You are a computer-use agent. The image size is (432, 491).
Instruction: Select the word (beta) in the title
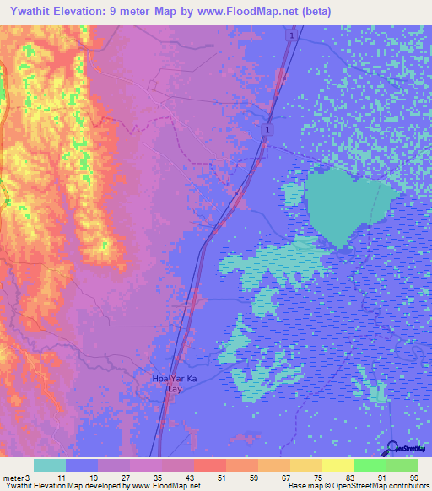311,12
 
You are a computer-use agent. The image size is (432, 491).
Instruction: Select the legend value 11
61,478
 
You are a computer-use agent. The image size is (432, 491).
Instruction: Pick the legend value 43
189,478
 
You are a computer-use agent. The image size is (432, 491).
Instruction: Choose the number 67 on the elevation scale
285,478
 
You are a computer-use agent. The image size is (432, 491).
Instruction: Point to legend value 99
413,478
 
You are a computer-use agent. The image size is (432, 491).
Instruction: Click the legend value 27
125,478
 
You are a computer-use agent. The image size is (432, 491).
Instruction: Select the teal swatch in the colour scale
49,465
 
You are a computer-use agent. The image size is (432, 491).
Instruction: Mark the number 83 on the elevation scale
349,478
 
